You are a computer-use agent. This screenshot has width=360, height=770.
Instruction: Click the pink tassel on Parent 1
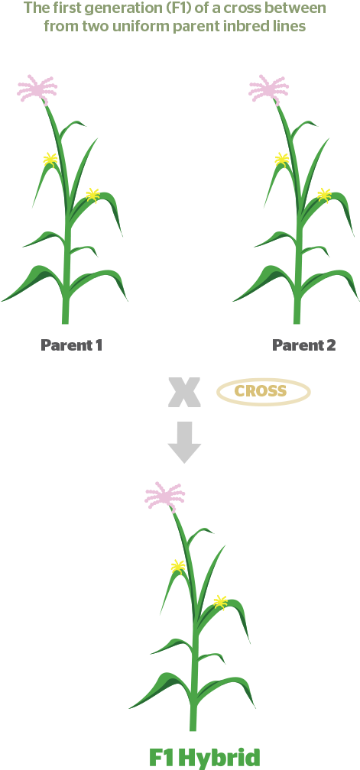(x=37, y=89)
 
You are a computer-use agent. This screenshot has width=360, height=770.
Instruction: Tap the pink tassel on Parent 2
(x=268, y=89)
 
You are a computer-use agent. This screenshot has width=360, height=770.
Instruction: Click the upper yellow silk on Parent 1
(x=50, y=159)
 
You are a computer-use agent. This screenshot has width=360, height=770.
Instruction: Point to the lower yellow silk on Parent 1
(x=92, y=195)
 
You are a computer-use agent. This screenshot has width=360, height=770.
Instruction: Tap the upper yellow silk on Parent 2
(x=282, y=159)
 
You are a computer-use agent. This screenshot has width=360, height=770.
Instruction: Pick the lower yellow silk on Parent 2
(x=324, y=195)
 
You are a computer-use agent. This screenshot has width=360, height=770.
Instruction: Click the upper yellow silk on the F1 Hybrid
(x=178, y=567)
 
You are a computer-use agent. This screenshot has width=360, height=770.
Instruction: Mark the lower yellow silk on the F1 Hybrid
(x=221, y=602)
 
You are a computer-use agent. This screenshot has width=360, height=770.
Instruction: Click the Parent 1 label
(x=71, y=345)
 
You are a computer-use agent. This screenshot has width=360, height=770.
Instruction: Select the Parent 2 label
(x=304, y=345)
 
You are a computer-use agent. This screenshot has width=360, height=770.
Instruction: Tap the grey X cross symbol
(x=184, y=393)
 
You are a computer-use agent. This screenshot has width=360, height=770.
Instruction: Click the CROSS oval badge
(x=264, y=391)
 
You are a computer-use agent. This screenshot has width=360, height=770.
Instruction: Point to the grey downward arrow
(x=184, y=442)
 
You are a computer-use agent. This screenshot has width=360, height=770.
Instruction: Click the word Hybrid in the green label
(x=219, y=758)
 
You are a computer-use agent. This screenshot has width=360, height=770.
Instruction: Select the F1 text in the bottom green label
(x=162, y=757)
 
